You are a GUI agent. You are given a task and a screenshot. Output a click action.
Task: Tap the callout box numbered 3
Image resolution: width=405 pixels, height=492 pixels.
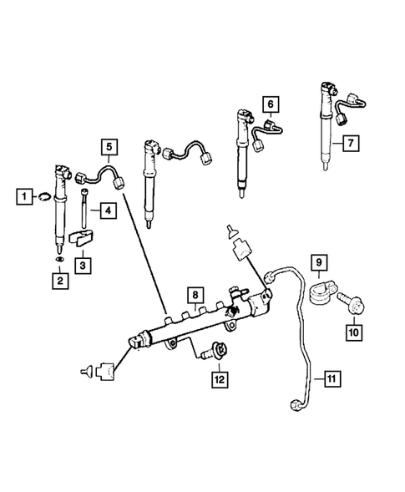[84, 264]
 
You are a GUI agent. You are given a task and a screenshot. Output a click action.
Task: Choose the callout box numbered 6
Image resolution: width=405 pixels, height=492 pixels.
[271, 104]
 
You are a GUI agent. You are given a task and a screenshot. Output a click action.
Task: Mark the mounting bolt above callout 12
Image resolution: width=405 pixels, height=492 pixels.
[217, 354]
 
